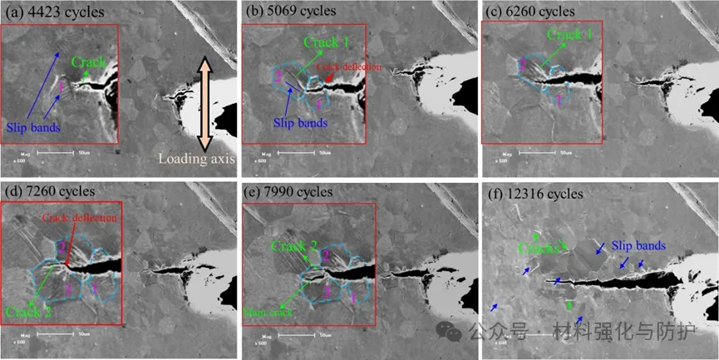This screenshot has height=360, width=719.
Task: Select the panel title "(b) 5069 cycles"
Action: (x=287, y=11)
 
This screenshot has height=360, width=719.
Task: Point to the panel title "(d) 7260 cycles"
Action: (x=47, y=191)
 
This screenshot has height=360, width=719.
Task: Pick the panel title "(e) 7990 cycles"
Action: (x=287, y=191)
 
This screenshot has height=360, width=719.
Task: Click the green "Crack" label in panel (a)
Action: (x=88, y=62)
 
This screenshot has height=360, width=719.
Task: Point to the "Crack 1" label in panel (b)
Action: (x=327, y=42)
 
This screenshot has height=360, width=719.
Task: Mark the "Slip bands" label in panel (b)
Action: (x=301, y=122)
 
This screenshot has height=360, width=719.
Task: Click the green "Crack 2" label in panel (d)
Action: (x=26, y=313)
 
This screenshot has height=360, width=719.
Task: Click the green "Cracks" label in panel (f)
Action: (x=539, y=248)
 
